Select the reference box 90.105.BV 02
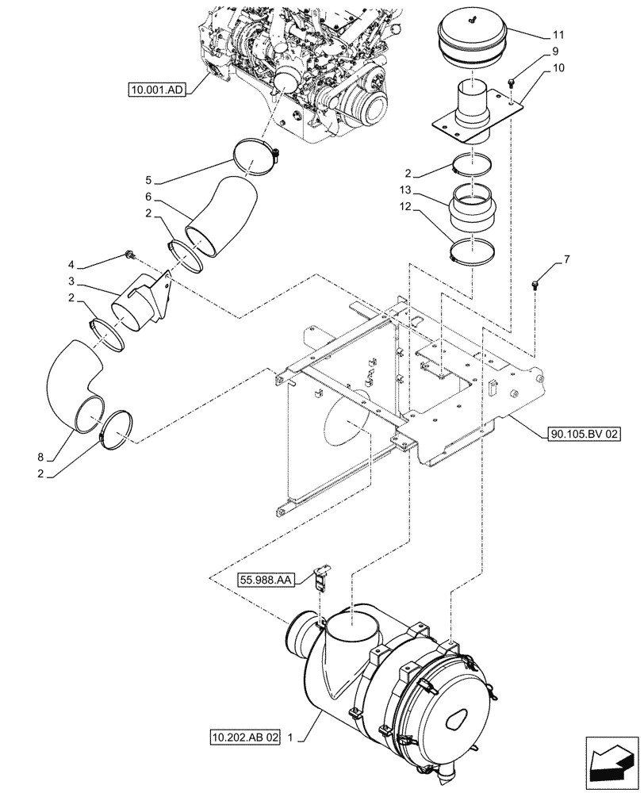click(x=584, y=434)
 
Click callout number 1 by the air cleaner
click(x=293, y=737)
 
